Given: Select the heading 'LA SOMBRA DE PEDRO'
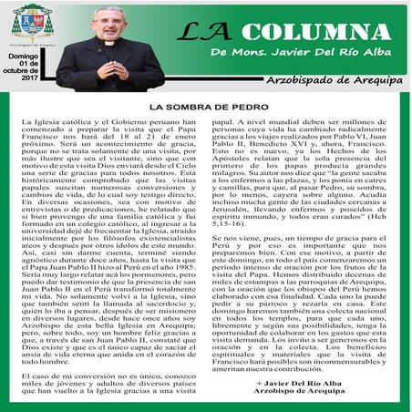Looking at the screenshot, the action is [205, 108].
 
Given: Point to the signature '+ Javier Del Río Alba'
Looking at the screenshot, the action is [323, 376].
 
